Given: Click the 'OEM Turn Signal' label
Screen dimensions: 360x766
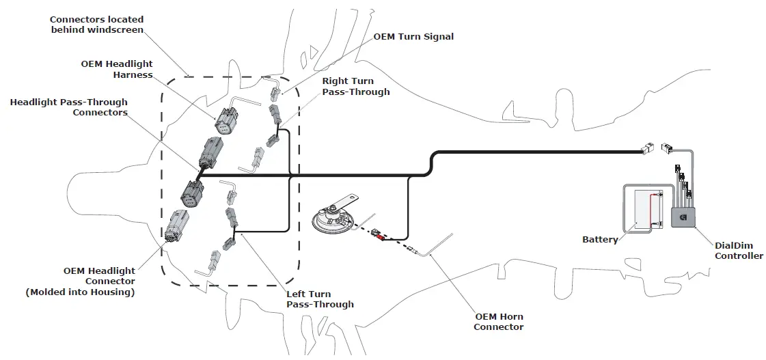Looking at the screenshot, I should tap(413, 36).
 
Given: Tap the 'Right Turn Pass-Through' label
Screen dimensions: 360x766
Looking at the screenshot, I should tap(356, 86).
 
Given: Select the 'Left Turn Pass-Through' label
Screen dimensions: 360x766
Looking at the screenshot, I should tap(320, 299).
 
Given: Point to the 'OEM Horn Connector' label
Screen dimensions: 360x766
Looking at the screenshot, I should tap(499, 322).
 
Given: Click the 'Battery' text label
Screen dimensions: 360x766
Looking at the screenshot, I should tap(600, 240).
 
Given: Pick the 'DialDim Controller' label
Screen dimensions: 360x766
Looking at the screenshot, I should tap(739, 251).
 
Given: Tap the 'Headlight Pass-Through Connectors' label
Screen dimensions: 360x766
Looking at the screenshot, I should tap(69, 107).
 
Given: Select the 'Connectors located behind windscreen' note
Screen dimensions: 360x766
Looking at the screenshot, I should tap(96, 25).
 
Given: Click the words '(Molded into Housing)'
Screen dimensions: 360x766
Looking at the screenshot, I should tap(80, 292).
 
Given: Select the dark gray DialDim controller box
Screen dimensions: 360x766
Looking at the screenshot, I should tap(684, 217).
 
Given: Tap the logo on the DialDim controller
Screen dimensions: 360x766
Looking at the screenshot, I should tap(683, 218).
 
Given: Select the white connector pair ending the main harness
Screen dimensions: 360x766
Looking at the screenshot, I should tap(657, 148).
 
